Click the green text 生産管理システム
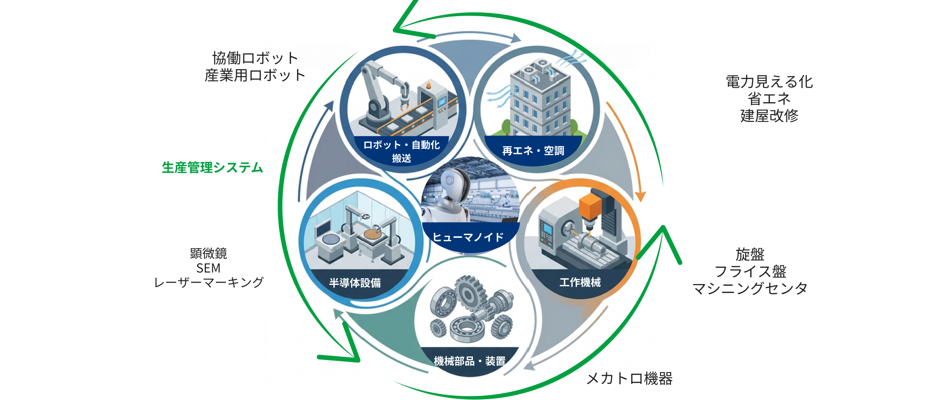212,168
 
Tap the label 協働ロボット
255,58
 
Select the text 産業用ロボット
255,75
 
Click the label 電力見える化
769,82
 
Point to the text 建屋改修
769,116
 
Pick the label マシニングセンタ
750,288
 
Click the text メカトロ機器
630,378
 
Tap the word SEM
208,268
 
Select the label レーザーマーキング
208,282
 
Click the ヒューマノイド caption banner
468,237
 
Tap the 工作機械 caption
580,282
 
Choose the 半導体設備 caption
355,283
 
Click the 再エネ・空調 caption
533,151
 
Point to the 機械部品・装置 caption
470,361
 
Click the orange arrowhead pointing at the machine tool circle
640,196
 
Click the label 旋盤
750,254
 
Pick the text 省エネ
769,99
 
